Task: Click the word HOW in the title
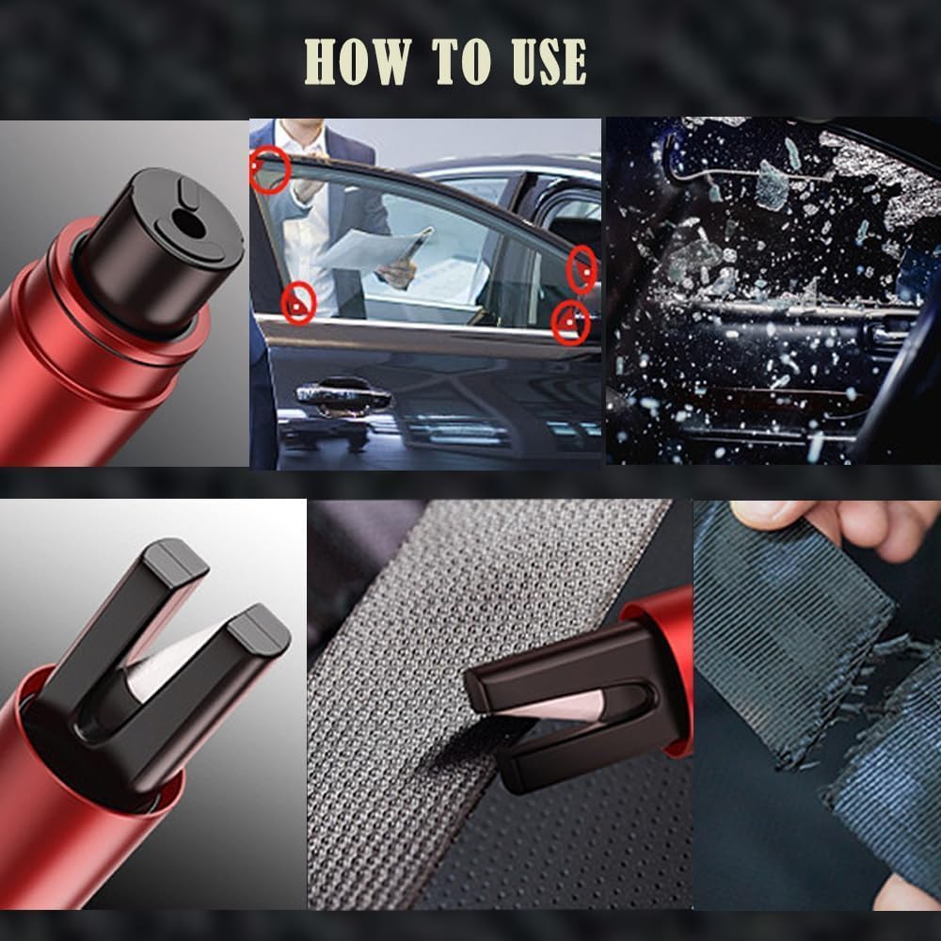point(358,61)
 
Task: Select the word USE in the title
point(549,61)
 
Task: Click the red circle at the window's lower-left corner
point(298,303)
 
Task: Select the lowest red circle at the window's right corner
point(570,323)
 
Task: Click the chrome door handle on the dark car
point(343,395)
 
